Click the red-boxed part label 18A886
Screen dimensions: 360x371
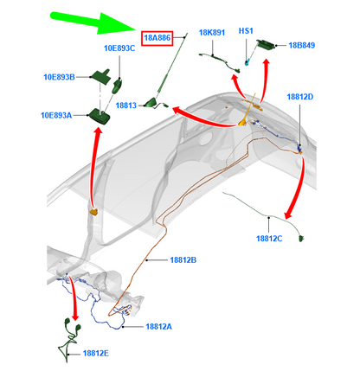point(157,38)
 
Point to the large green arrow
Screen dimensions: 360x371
point(93,22)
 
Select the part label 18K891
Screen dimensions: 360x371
point(212,33)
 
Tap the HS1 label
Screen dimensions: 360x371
point(246,31)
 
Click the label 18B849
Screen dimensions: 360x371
point(302,45)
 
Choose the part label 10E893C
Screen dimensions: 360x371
point(119,48)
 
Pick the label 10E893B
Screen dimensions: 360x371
point(59,77)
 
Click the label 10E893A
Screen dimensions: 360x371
point(56,115)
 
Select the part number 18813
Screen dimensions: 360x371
point(126,106)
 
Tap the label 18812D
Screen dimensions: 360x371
point(300,97)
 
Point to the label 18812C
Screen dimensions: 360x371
point(269,239)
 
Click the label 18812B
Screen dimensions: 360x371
point(183,260)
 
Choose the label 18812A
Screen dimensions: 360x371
point(158,327)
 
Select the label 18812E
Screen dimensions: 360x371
point(96,353)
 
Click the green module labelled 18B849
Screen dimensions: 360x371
point(265,45)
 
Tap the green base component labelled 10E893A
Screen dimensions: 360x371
point(100,116)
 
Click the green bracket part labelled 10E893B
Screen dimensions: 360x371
point(100,76)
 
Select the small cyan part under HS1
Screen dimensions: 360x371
point(247,62)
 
